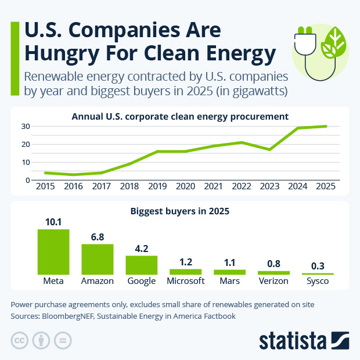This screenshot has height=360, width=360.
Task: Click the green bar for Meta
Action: tap(53, 251)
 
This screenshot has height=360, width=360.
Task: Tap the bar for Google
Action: tap(141, 265)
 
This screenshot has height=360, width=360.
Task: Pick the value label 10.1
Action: tap(53, 221)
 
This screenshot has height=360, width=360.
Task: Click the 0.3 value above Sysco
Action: tap(318, 265)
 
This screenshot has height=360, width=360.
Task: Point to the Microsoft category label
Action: tap(185, 281)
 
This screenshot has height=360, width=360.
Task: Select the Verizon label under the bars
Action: tap(273, 281)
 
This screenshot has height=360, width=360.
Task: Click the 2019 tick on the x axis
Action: tap(158, 186)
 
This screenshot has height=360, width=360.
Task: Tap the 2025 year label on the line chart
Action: tap(326, 186)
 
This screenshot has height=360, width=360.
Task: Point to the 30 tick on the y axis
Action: tap(25, 126)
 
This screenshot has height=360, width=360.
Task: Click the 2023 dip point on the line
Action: tap(270, 149)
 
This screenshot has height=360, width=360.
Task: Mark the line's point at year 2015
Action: tap(45, 172)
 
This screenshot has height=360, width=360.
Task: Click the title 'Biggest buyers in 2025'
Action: tap(180, 211)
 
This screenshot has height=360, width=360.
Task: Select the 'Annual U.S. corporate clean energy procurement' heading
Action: tap(180, 116)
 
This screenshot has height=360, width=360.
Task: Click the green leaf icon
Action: tap(333, 43)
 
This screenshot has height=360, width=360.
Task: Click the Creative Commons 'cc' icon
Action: tap(20, 340)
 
